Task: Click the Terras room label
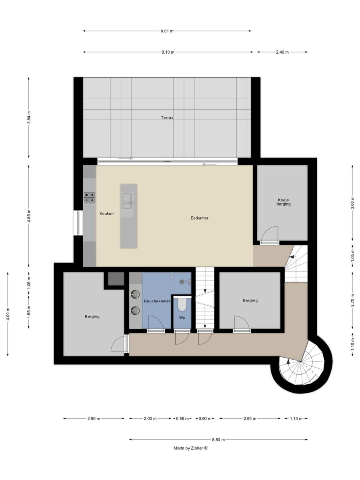tap(167, 118)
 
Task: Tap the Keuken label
tap(106, 214)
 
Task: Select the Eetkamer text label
tap(199, 218)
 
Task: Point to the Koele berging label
tap(283, 202)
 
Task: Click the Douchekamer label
tap(157, 301)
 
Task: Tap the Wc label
tap(182, 318)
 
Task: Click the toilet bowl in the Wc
tap(182, 304)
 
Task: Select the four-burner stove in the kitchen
tap(89, 198)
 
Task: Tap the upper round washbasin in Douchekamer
tap(136, 294)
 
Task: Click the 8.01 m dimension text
tap(167, 31)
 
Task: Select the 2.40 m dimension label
tap(282, 52)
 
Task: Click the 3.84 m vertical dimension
tap(29, 118)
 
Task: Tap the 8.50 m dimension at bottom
tap(218, 440)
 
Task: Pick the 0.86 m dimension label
tap(182, 418)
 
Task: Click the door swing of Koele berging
tap(270, 233)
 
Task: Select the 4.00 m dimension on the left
tap(8, 314)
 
